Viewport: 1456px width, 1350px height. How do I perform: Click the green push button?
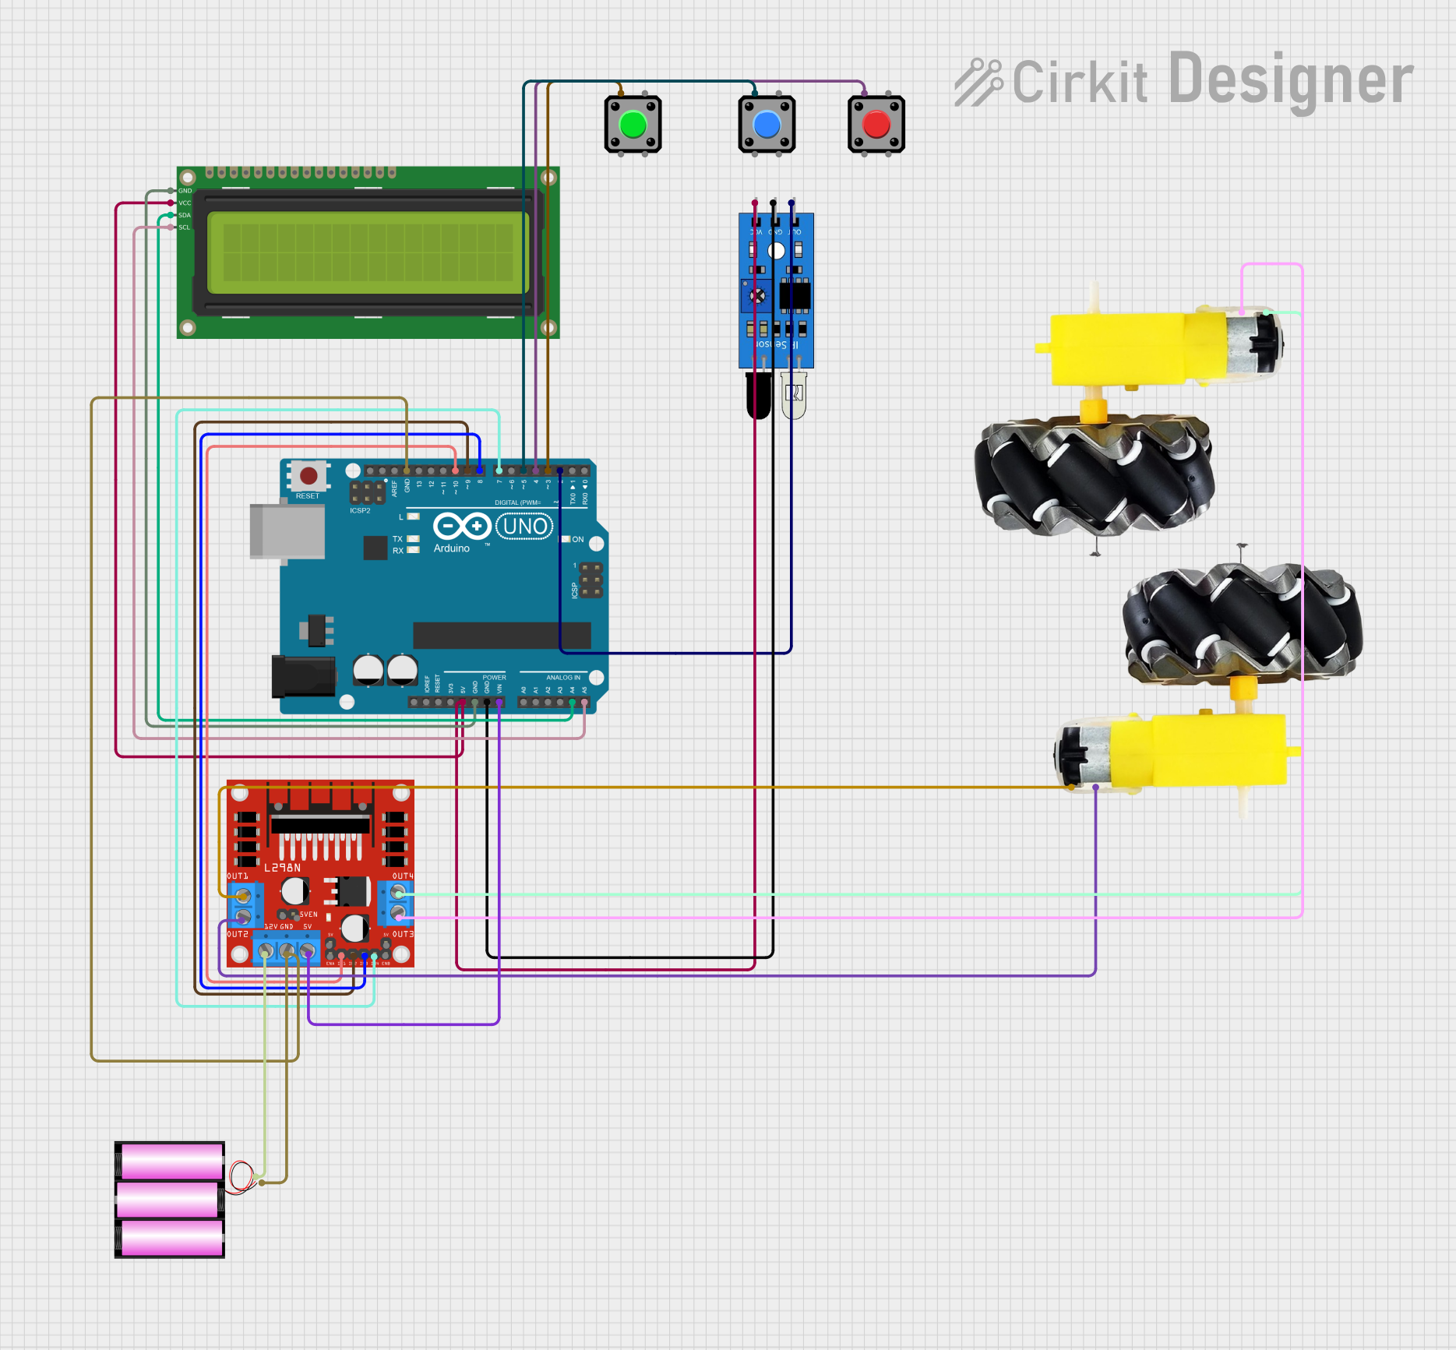tap(633, 125)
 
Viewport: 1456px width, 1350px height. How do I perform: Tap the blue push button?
tap(767, 125)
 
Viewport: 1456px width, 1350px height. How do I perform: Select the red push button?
tap(876, 125)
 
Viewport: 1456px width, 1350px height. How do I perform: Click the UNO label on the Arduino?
tap(525, 527)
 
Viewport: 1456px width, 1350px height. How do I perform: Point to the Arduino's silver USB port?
tap(287, 531)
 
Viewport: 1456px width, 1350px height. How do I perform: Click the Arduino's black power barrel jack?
tap(303, 676)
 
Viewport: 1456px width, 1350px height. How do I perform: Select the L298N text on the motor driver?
tap(282, 867)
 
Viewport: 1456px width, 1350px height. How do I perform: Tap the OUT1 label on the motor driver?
tap(238, 876)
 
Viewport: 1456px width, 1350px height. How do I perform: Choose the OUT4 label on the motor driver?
tap(403, 876)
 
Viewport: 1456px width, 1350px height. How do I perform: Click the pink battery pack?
tap(170, 1200)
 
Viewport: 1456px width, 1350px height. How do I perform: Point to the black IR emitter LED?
tap(758, 394)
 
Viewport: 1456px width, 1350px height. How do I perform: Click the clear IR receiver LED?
tap(794, 394)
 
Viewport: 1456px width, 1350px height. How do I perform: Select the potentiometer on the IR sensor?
tap(757, 296)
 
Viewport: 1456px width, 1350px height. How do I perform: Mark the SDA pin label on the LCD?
tap(185, 215)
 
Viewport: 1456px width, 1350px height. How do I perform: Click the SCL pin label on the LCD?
tap(185, 227)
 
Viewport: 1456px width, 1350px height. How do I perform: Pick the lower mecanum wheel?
tap(1242, 623)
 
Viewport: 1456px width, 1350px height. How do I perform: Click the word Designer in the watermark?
tap(1291, 79)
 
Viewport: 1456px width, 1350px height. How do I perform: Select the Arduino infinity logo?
tap(461, 527)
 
